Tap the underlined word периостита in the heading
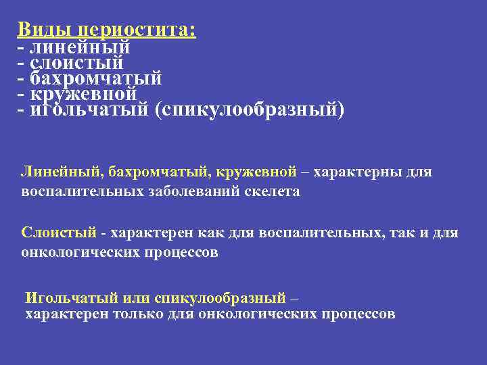click(137, 31)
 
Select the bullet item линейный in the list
click(80, 47)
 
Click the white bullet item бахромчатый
click(96, 78)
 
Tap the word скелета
click(274, 191)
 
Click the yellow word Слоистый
click(59, 234)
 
